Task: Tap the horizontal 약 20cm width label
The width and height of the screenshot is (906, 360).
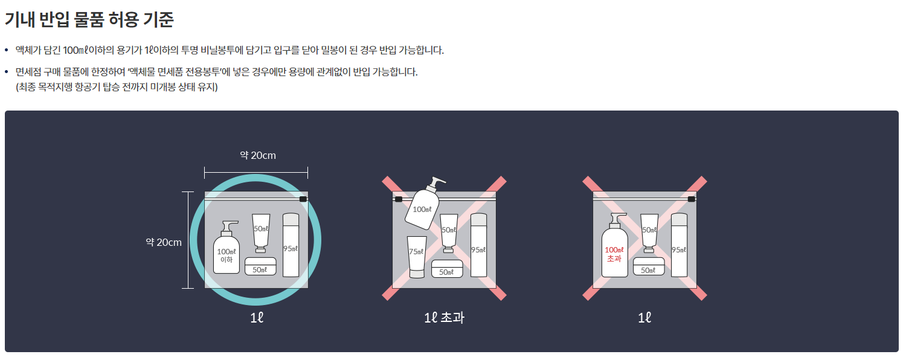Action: pos(257,155)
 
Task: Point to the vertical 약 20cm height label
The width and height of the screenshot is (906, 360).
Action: pos(163,242)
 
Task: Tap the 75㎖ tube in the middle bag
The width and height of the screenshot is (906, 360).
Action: pos(416,256)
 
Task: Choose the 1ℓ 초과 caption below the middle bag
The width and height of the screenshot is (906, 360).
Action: pos(444,317)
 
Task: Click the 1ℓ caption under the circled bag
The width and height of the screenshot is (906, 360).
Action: pos(257,317)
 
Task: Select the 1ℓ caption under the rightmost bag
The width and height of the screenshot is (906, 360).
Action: pos(644,317)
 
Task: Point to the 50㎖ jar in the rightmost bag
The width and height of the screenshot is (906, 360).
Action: pos(649,266)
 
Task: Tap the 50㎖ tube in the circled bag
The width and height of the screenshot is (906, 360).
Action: pos(261,232)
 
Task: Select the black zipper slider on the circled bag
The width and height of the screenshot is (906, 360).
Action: pos(303,198)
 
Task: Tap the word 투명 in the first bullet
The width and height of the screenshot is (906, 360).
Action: pos(188,50)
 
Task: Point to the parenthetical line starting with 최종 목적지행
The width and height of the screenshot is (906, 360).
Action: pos(117,87)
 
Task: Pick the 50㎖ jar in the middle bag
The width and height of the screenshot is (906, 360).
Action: pos(447,268)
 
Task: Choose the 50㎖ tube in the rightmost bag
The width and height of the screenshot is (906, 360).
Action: pos(649,232)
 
